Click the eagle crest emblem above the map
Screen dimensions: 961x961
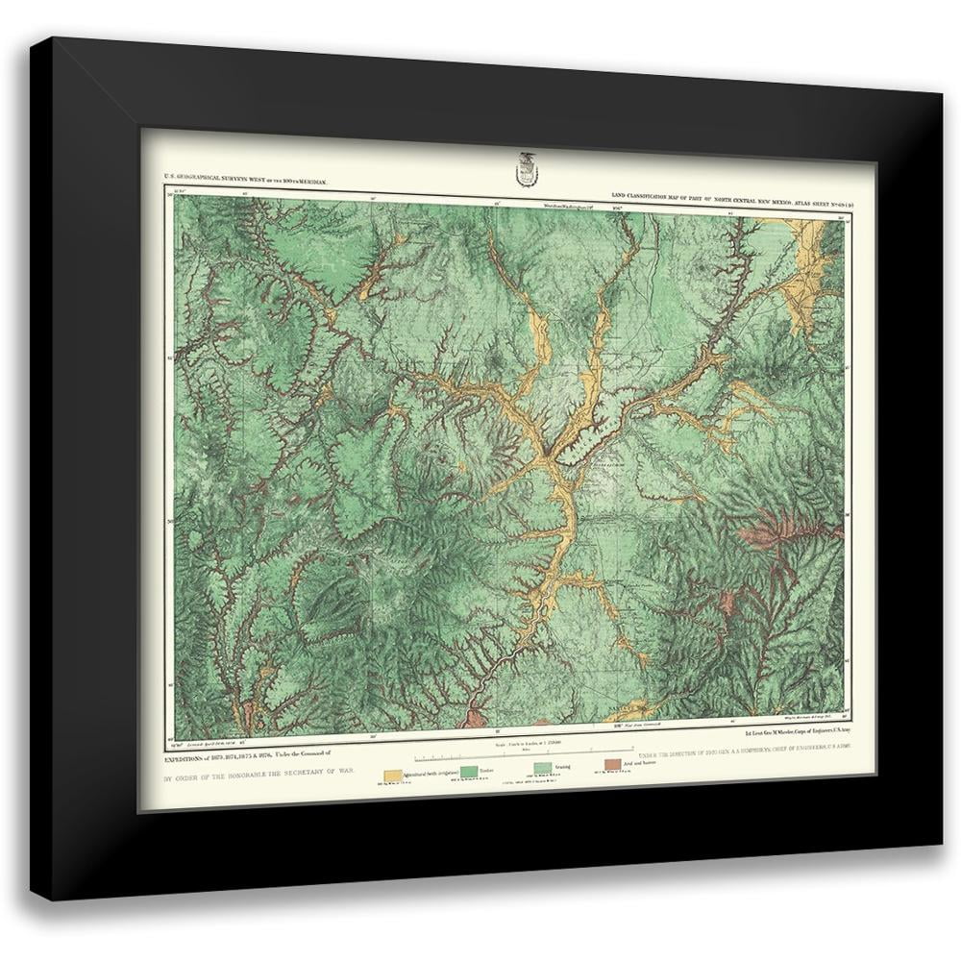point(525,169)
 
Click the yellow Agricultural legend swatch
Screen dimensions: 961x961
point(392,774)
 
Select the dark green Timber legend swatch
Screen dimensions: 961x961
point(468,773)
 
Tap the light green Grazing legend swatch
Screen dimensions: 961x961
point(543,770)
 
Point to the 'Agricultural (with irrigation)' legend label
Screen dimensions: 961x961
point(428,774)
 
